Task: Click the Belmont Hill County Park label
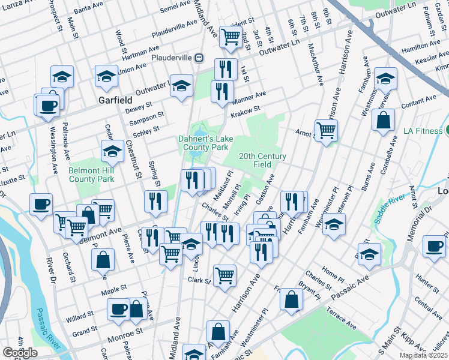[x=91, y=174]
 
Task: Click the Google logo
[x=20, y=353]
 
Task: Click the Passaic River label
[x=48, y=328]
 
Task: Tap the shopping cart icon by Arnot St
[x=326, y=130]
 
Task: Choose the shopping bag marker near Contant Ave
[x=383, y=119]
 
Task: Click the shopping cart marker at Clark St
[x=224, y=275]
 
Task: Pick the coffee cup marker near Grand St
[x=118, y=309]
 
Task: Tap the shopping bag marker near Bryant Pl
[x=291, y=301]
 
